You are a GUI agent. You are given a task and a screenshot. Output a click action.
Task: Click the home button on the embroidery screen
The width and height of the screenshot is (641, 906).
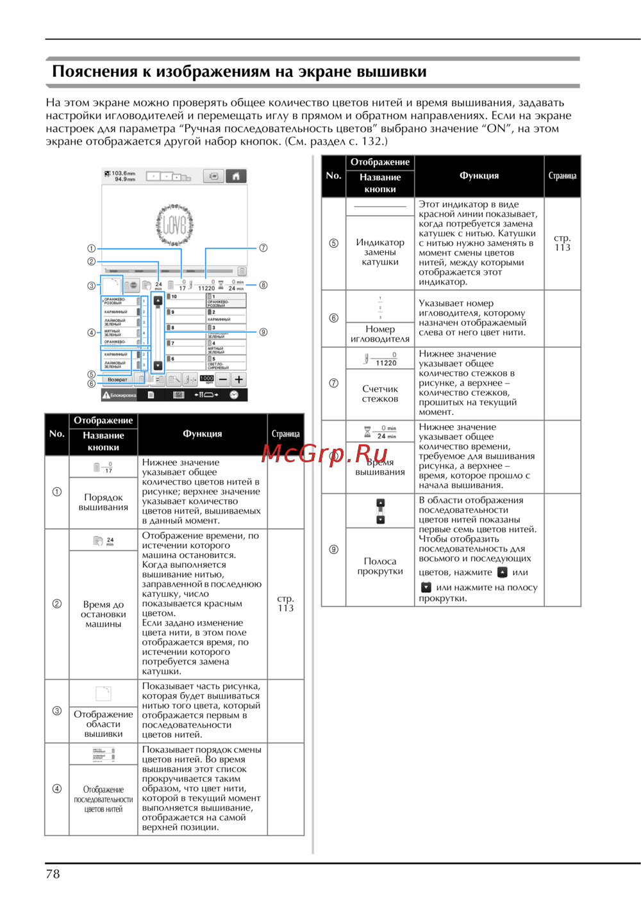click(236, 176)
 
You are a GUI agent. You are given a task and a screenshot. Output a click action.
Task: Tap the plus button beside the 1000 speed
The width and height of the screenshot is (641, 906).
click(238, 380)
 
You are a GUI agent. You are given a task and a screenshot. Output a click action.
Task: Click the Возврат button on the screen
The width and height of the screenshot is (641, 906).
click(117, 380)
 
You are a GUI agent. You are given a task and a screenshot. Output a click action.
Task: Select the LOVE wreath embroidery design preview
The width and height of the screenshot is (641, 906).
click(174, 225)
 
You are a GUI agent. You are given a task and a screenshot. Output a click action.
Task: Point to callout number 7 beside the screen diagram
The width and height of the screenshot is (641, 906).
click(263, 248)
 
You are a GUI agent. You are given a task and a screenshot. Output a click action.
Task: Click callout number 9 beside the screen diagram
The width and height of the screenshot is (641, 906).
click(263, 332)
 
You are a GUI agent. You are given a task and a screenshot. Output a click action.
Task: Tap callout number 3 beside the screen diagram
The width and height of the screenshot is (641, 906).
click(92, 286)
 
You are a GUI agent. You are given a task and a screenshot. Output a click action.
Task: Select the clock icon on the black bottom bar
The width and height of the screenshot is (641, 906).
click(234, 395)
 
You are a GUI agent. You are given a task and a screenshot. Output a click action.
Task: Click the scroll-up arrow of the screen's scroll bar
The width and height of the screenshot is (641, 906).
click(158, 300)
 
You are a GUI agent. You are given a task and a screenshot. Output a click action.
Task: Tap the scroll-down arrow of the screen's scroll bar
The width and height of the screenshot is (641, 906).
click(158, 366)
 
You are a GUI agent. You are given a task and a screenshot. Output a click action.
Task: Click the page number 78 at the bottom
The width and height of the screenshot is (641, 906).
click(53, 874)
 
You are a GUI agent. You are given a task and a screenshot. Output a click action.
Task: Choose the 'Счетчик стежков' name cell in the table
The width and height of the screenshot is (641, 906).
click(380, 394)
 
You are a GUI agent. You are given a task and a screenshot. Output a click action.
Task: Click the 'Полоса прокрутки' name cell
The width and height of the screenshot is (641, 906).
click(380, 566)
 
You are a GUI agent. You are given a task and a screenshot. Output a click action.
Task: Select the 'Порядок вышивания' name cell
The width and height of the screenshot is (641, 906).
click(103, 502)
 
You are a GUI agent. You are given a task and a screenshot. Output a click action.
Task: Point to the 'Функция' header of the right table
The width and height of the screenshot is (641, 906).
click(479, 175)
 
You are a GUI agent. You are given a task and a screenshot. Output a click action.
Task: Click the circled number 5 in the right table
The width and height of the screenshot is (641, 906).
click(333, 243)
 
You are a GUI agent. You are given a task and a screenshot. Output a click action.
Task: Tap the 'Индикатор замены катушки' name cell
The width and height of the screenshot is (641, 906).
click(380, 252)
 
